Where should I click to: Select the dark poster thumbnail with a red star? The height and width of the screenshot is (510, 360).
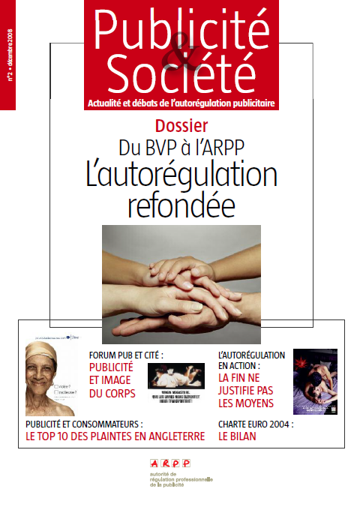pyautogui.click(x=315, y=382)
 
